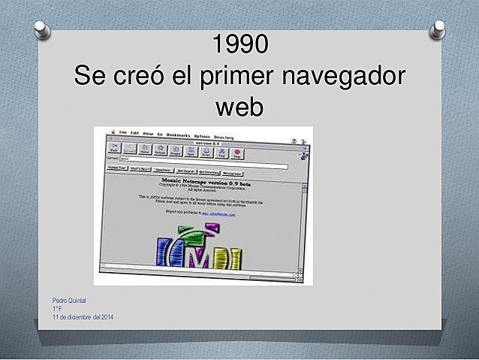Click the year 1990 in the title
pyautogui.click(x=239, y=45)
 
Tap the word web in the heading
pyautogui.click(x=239, y=107)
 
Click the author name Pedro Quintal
pyautogui.click(x=68, y=301)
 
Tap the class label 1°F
pyautogui.click(x=57, y=309)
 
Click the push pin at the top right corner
pyautogui.click(x=436, y=29)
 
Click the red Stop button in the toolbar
pyautogui.click(x=238, y=151)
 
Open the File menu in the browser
pyautogui.click(x=123, y=133)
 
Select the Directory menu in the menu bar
pyautogui.click(x=224, y=137)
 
